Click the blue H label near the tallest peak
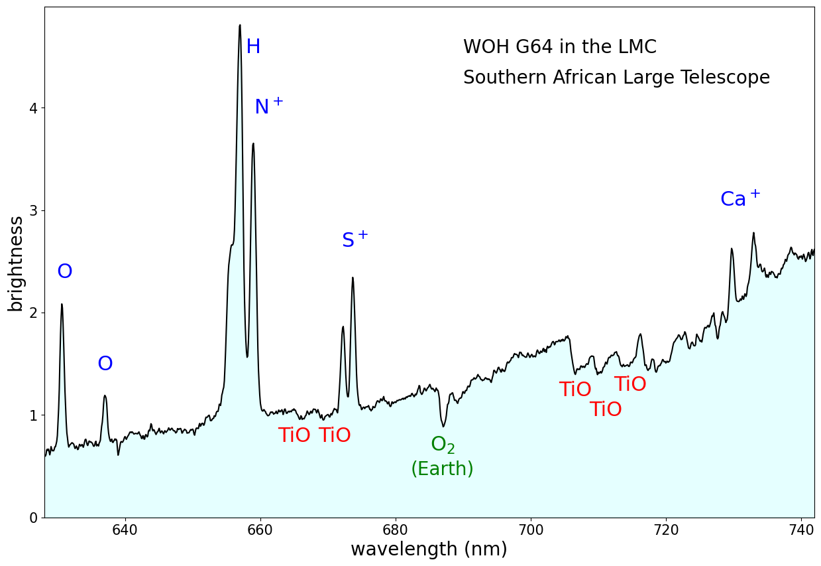[253, 47]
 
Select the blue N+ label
[268, 106]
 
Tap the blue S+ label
[355, 240]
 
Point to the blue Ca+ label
[740, 198]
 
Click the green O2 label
[443, 445]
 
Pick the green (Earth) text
[442, 469]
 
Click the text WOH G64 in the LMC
[559, 47]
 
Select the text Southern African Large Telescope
[616, 78]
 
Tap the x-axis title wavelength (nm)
[429, 549]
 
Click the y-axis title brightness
[15, 263]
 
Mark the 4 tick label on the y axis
[32, 108]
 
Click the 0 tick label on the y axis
[32, 518]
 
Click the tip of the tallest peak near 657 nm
[239, 25]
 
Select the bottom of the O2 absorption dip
[443, 426]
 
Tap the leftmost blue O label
[64, 272]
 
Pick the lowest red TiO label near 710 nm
[606, 409]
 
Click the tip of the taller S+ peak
[353, 278]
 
